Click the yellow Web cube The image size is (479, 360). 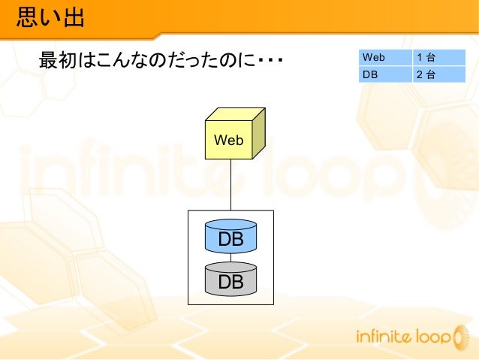point(229,139)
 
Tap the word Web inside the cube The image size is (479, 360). point(229,140)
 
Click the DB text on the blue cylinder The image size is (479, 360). point(230,240)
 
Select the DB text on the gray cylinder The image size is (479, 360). point(230,282)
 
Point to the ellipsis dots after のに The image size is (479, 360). point(270,61)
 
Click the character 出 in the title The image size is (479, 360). point(73,17)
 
